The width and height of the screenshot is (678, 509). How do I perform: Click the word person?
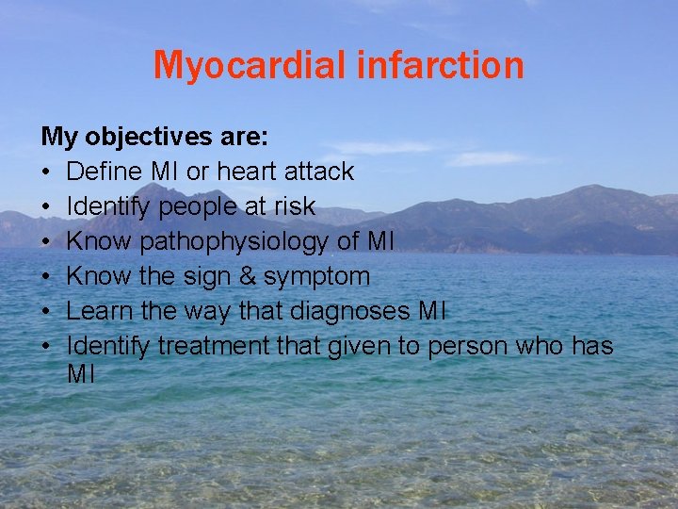tap(469, 347)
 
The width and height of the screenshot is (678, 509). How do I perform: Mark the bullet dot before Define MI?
tap(47, 172)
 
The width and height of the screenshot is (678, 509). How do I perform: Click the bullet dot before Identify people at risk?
tap(47, 207)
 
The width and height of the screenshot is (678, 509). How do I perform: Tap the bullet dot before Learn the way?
tap(47, 312)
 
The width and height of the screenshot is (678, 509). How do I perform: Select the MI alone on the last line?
tap(81, 374)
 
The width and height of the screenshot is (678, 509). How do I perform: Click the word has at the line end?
tap(591, 346)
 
